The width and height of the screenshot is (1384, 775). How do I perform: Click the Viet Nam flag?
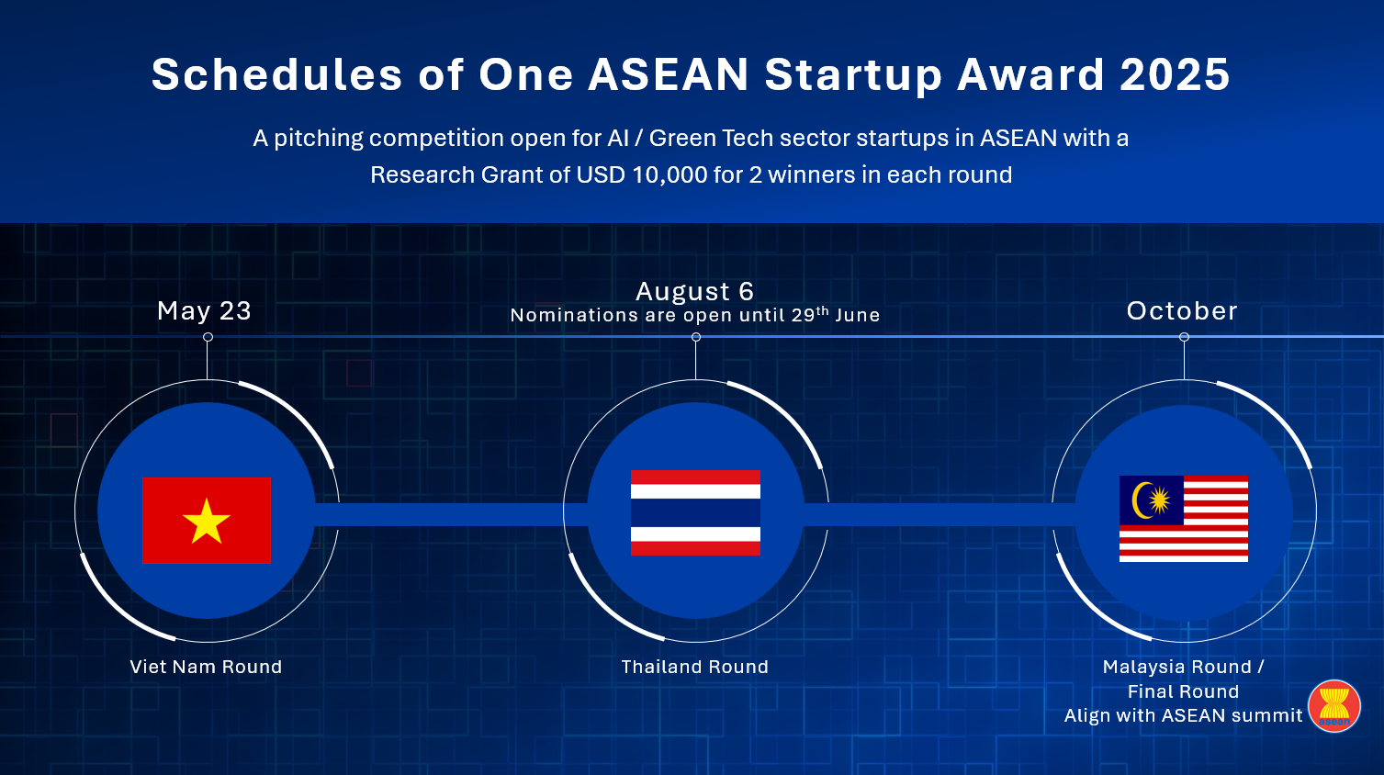pos(207,520)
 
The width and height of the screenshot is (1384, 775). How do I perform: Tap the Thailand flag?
pos(696,512)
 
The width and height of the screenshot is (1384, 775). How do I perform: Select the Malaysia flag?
pos(1184,519)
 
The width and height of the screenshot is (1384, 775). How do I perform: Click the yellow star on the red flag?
pos(207,522)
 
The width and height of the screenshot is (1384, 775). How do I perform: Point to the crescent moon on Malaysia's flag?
pos(1141,500)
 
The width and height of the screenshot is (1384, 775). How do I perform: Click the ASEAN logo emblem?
pos(1334,706)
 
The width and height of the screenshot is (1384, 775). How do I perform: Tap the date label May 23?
pos(205,310)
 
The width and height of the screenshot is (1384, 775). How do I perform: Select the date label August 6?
pos(695,291)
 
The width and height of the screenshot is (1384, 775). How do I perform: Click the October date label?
pos(1182,310)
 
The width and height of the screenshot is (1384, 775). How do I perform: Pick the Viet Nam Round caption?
pos(206,667)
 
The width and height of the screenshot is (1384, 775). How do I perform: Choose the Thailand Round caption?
pos(695,667)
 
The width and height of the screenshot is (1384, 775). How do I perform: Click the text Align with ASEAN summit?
pos(1183,715)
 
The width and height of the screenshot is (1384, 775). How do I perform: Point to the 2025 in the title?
pos(1175,74)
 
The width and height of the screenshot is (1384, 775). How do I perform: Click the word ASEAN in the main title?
pos(669,74)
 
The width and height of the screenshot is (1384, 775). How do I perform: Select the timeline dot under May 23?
pos(208,337)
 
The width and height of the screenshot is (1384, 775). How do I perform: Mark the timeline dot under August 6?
pos(696,337)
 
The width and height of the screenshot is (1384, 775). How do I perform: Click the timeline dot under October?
pos(1184,337)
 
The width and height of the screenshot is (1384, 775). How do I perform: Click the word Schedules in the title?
pos(277,74)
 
